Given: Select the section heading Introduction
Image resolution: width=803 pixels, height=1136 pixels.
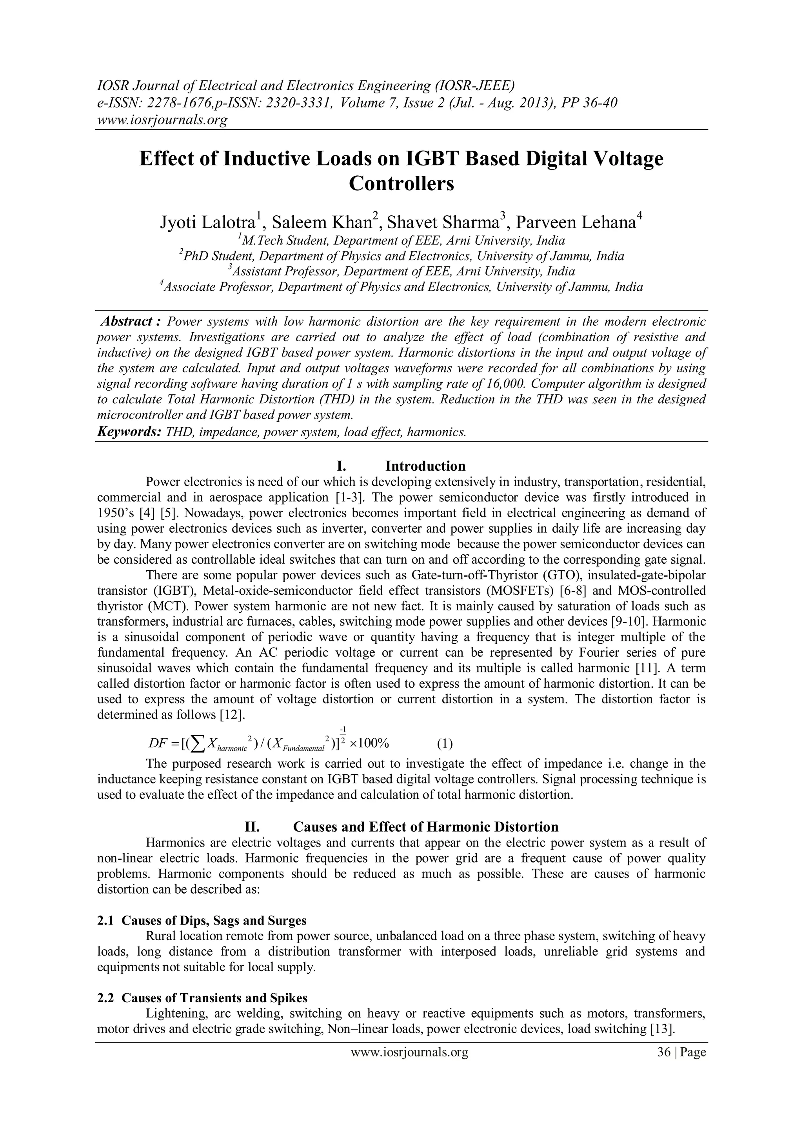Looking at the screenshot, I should [425, 466].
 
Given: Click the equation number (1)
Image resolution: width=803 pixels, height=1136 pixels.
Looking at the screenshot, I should [445, 744].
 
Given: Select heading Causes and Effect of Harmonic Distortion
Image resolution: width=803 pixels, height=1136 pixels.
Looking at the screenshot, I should [425, 827].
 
